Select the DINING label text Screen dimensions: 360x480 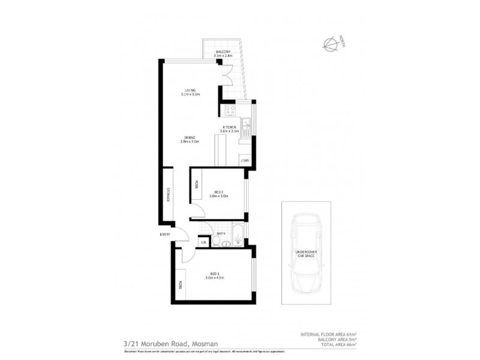click(189, 138)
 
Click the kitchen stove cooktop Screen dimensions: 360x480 click(229, 110)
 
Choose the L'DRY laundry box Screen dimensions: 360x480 click(245, 160)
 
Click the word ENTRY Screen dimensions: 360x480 click(165, 234)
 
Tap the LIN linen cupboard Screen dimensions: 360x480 click(204, 241)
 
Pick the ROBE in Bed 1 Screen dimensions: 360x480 click(179, 285)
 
